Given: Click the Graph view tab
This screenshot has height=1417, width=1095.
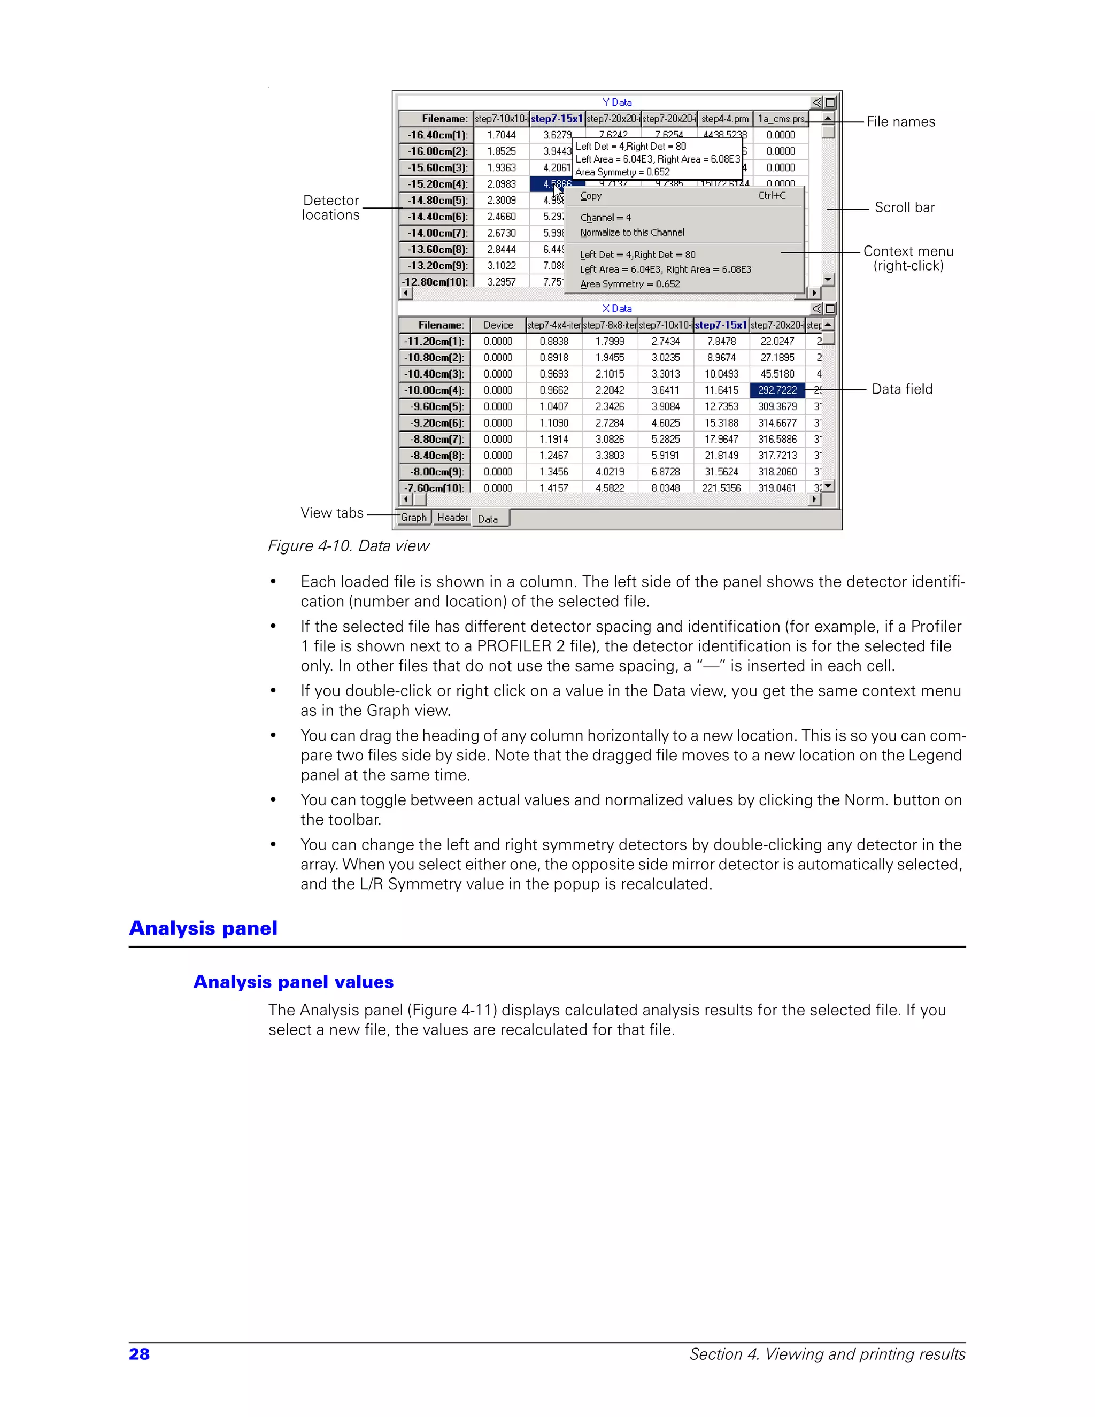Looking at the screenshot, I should click(413, 517).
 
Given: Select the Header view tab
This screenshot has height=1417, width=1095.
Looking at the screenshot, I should click(452, 517).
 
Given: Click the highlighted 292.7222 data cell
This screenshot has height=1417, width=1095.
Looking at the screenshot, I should click(777, 390).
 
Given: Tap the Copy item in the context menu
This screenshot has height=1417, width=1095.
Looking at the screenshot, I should click(591, 196).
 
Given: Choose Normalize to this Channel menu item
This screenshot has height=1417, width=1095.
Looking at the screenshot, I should click(632, 232).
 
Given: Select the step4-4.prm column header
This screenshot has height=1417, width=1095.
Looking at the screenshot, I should click(724, 119).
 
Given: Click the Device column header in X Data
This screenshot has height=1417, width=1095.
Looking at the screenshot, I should click(498, 325).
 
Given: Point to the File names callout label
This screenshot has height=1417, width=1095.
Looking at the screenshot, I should click(900, 122).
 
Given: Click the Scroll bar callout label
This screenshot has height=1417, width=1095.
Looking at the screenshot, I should click(904, 207).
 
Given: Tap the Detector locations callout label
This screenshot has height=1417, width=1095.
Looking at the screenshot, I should click(331, 207).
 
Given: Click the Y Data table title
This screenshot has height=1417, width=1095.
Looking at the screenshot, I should click(616, 103).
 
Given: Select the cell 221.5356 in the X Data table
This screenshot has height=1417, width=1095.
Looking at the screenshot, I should click(721, 488).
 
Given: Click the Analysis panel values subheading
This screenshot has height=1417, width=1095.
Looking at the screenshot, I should click(293, 982).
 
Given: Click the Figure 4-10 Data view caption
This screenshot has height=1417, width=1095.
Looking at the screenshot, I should click(349, 545).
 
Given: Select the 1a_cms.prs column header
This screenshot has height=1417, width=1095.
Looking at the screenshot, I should click(781, 119).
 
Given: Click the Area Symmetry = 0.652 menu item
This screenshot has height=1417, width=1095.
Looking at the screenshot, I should click(630, 284).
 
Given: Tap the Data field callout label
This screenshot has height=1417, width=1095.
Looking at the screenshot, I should click(901, 389).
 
